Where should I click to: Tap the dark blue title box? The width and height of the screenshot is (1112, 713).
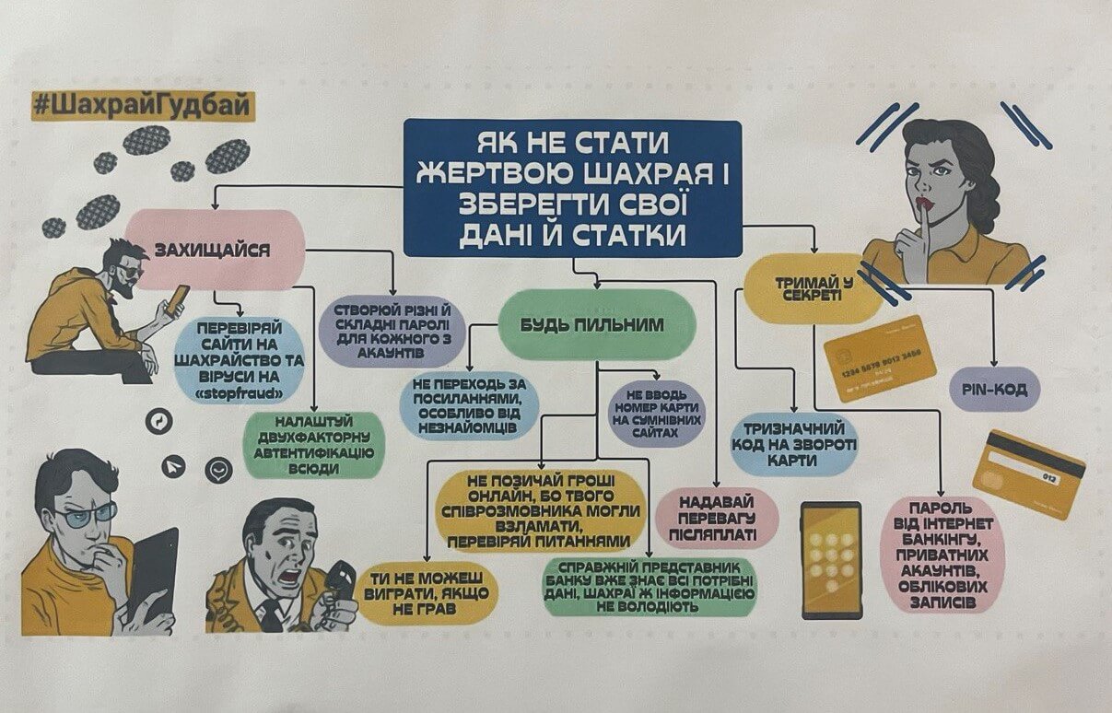click(x=572, y=188)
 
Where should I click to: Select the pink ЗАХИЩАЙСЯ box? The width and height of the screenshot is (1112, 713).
click(x=214, y=250)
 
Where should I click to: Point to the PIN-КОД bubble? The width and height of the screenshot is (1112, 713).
click(x=995, y=388)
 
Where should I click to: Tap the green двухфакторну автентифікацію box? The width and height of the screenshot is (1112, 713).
click(x=314, y=446)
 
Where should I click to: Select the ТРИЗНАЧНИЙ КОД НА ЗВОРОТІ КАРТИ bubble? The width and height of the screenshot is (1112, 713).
click(x=794, y=443)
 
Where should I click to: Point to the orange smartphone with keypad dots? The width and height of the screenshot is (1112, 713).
click(x=831, y=558)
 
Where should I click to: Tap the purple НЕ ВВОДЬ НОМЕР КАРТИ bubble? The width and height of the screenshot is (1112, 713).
click(x=656, y=411)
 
